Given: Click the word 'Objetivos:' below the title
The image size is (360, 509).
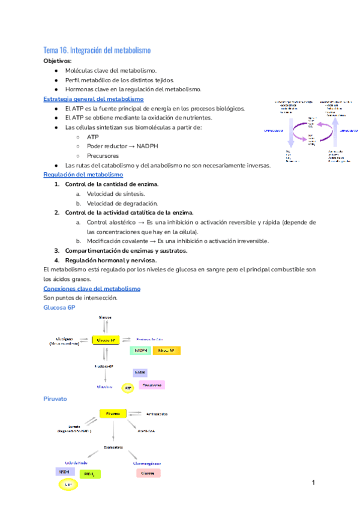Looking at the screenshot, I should tap(58, 61).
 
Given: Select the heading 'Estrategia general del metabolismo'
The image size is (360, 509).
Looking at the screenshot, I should tap(94, 99).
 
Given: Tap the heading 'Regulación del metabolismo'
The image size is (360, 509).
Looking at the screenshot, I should tap(83, 175).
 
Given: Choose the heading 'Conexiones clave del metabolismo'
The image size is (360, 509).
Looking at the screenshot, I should tap(92, 289).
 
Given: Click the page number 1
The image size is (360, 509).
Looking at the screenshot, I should tap(313, 483).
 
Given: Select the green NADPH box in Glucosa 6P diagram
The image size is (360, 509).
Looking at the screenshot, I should tap(140, 350).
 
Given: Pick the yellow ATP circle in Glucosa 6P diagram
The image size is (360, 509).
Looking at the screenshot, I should tap(128, 389).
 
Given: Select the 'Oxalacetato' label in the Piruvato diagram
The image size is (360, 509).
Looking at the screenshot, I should tap(113, 447).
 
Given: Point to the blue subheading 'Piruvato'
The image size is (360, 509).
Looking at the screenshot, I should tap(55, 399).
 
